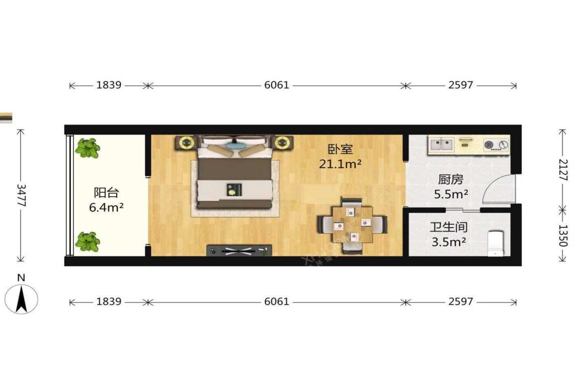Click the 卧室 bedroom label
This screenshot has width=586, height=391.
click(x=340, y=149)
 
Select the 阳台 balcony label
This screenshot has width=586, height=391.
click(x=106, y=192)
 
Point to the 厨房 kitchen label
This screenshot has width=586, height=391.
click(x=450, y=179)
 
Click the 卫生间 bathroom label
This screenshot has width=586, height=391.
click(x=449, y=228)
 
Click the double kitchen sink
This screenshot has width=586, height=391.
click(x=441, y=144)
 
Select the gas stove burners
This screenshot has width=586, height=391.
click(x=496, y=145)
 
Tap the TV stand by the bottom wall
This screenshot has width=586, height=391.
click(x=239, y=251)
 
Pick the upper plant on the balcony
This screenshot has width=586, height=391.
click(x=88, y=148)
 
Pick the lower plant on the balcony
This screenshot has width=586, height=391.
click(x=88, y=242)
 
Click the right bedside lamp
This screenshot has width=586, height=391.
click(x=282, y=142)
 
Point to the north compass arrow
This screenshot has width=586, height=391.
click(x=21, y=299)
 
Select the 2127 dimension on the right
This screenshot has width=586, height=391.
click(x=562, y=170)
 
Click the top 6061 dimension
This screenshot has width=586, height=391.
click(x=276, y=85)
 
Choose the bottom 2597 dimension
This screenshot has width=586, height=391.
click(x=461, y=302)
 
